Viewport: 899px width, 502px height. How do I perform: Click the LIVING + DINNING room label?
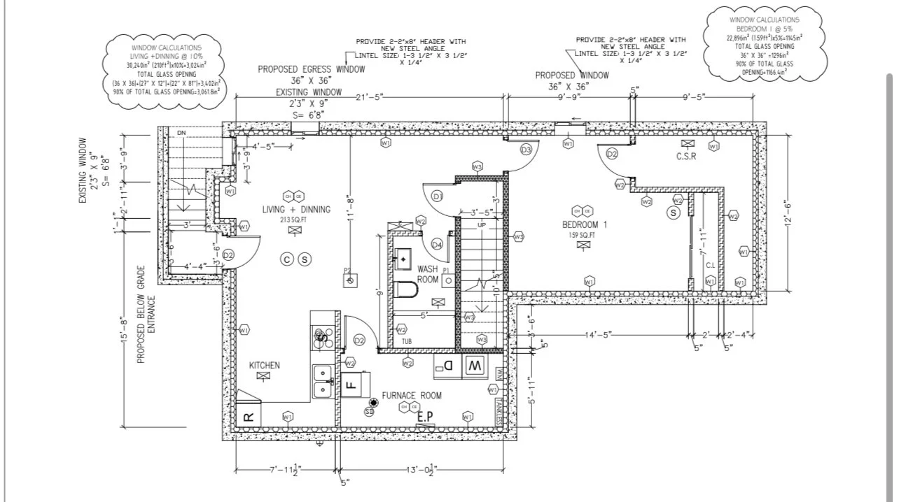coord(293,209)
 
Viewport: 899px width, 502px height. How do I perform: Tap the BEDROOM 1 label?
coord(585,224)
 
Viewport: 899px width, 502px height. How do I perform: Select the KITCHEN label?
coord(265,365)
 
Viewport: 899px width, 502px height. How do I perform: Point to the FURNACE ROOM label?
coord(412,395)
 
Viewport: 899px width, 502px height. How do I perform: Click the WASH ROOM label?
coord(428,273)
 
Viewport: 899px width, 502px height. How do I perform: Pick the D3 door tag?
coord(527,150)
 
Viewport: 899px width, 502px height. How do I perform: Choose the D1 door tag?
coord(438,196)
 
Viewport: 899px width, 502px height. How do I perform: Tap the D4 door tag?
coord(437,244)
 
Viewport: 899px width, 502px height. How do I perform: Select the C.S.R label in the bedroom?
coord(685,157)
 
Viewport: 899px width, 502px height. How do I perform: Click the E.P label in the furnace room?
coord(425,417)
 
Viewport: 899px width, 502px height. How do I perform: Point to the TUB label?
coord(407,341)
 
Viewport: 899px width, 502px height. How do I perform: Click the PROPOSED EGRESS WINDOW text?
coord(311,69)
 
